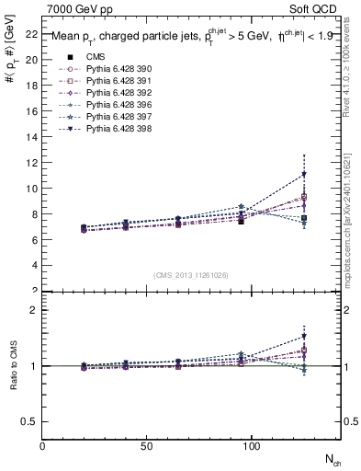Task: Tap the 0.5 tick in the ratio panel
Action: click(x=29, y=421)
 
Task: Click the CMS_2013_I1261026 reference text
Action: click(x=191, y=275)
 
